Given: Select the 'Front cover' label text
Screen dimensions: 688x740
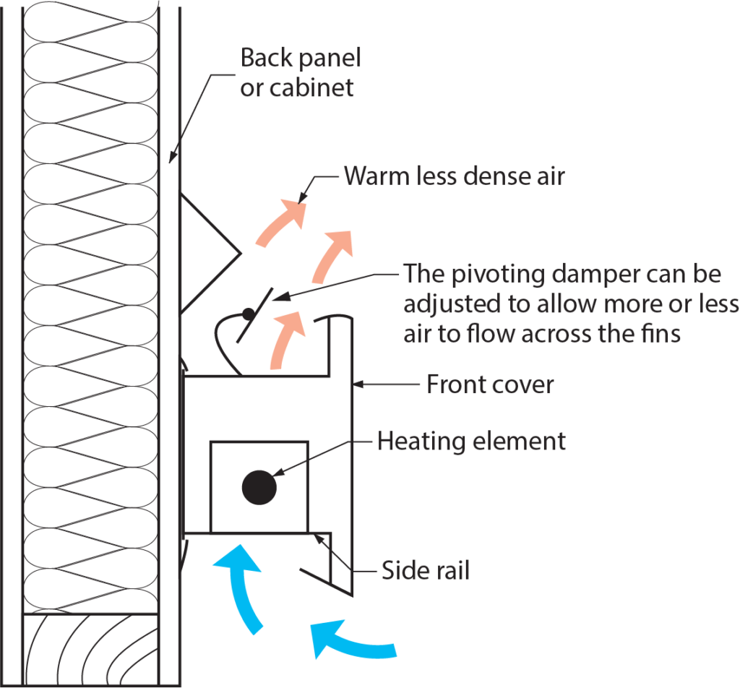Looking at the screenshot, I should coord(490,384).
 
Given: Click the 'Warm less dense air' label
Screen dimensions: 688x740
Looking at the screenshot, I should coord(454,176).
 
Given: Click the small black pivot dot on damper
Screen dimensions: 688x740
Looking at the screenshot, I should coord(247,314).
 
